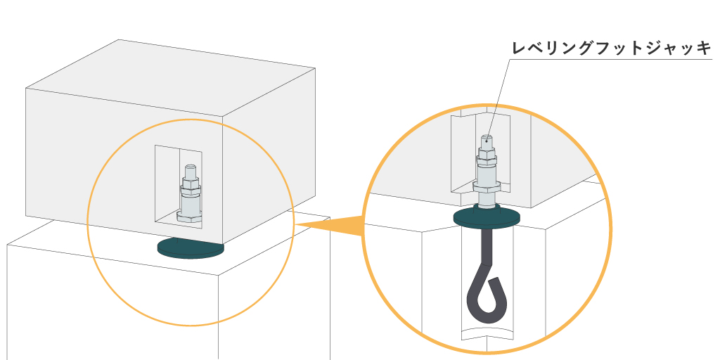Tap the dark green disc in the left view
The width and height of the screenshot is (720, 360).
(191, 247)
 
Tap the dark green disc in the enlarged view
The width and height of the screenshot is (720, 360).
(487, 219)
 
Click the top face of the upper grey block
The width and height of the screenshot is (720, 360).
(169, 77)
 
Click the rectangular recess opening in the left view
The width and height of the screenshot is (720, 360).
(166, 183)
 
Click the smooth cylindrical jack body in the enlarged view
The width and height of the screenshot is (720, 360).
(487, 172)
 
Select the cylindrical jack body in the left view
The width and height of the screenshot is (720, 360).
(190, 205)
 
